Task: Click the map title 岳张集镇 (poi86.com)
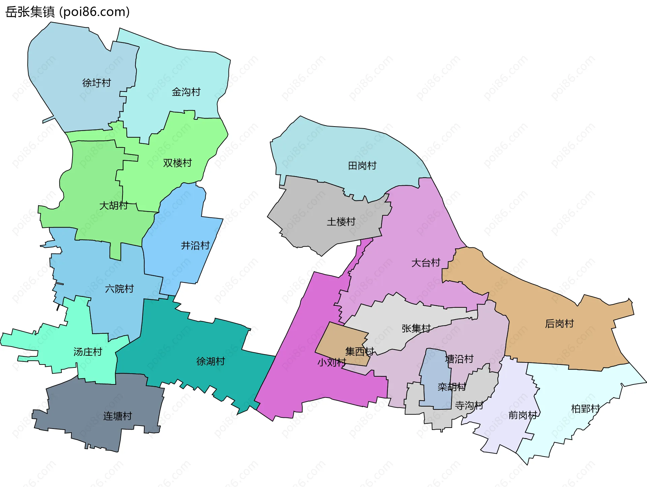click(67, 12)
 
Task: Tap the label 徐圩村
click(96, 83)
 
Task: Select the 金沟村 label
click(186, 92)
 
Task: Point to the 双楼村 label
click(177, 163)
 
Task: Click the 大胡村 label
click(114, 206)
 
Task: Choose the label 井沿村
click(195, 245)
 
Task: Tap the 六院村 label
click(119, 289)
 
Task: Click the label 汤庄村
click(88, 352)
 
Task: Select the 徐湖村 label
click(211, 361)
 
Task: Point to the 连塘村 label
click(117, 416)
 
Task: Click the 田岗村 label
click(362, 166)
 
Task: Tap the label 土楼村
click(341, 222)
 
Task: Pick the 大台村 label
click(426, 263)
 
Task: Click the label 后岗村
click(559, 324)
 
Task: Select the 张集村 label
click(416, 328)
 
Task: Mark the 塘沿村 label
click(459, 359)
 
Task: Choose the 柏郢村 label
click(585, 409)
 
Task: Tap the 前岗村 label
click(523, 415)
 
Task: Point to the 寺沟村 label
click(469, 405)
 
